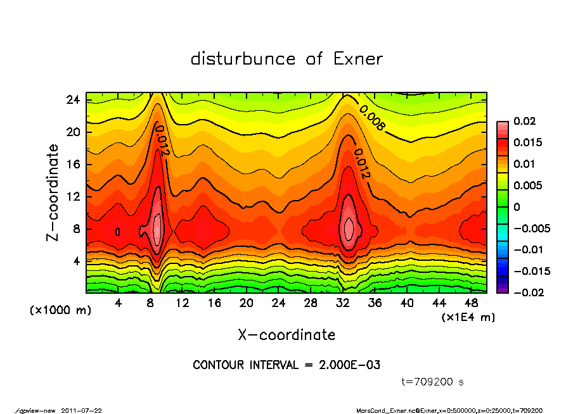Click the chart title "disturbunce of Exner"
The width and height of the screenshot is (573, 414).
(286, 59)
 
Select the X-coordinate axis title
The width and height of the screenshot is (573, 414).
(286, 334)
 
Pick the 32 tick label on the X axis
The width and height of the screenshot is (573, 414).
(343, 303)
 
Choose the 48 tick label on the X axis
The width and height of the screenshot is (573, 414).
(471, 303)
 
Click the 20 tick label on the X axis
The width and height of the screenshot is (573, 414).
(247, 303)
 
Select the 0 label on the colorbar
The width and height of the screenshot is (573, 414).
(517, 207)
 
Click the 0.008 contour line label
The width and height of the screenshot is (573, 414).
(372, 118)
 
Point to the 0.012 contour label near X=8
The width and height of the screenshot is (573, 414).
(161, 140)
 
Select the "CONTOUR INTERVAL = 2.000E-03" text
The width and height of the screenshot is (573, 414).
(286, 365)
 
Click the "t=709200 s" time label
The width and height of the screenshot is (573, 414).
(434, 382)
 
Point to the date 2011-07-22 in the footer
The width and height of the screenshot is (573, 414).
(82, 410)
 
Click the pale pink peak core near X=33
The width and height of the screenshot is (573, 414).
(349, 226)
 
